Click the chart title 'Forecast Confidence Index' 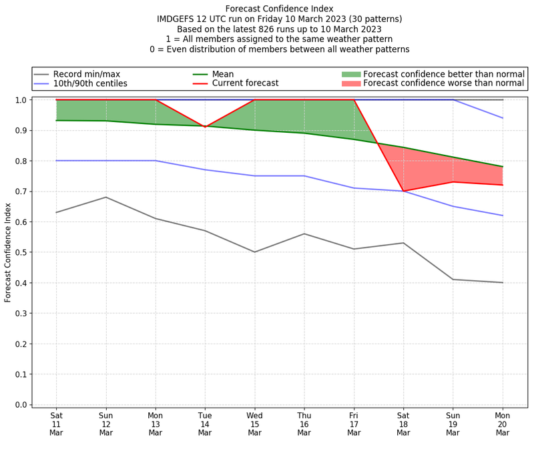279,9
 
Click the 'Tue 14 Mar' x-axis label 205,423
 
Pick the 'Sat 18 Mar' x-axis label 403,423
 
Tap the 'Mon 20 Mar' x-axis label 502,423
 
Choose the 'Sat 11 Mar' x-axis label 56,423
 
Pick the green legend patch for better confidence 350,74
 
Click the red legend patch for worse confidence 350,83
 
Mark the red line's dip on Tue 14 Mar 205,127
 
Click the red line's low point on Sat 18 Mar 403,191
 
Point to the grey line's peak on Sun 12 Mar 105,197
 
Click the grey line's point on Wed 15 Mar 254,252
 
